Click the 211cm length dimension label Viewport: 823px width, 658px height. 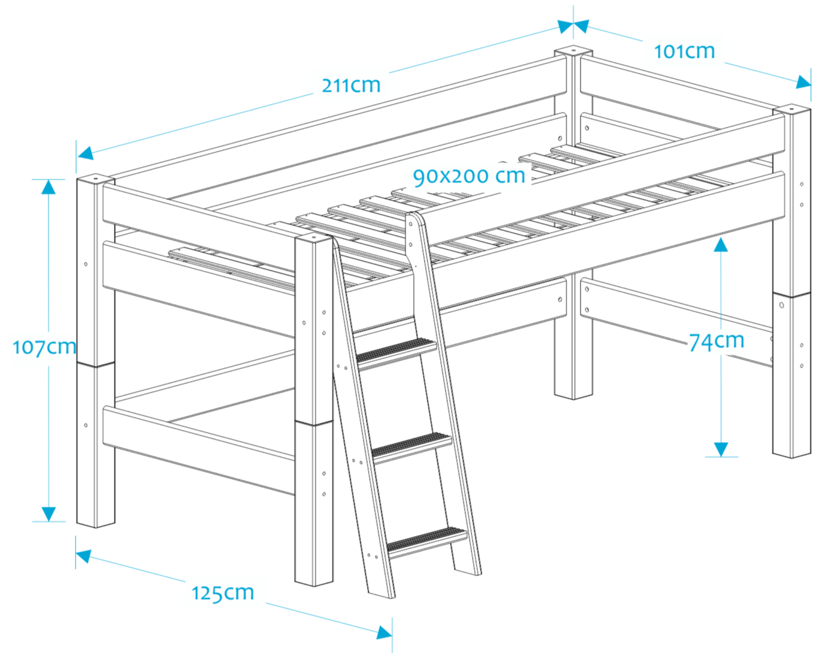(x=351, y=85)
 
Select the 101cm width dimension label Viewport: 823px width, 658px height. (x=684, y=52)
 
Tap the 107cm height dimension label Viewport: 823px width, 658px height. (x=44, y=347)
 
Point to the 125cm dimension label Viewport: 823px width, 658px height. (x=222, y=592)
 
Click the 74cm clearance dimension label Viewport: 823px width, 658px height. (x=716, y=341)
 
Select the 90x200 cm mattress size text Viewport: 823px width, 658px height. (x=469, y=176)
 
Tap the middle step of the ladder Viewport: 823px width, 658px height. (x=411, y=445)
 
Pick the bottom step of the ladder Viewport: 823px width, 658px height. (x=426, y=540)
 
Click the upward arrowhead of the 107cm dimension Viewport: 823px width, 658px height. (x=48, y=186)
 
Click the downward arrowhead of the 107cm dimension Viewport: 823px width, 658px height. (x=48, y=513)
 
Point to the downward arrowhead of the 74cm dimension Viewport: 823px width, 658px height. (x=721, y=449)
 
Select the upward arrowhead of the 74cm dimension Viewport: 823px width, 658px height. (x=721, y=245)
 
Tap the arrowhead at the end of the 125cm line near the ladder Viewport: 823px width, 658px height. (x=384, y=633)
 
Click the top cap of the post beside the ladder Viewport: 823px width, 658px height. (x=313, y=238)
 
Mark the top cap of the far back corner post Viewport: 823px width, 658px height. (x=573, y=51)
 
